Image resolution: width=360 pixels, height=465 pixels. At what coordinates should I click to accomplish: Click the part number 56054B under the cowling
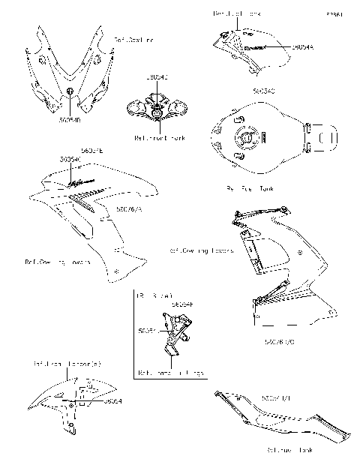[x=68, y=117]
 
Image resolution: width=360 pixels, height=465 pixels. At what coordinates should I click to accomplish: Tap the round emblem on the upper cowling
[x=69, y=92]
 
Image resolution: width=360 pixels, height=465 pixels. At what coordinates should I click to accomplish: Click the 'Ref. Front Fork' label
[x=157, y=138]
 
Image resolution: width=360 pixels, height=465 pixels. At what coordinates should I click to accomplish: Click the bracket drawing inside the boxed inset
[x=175, y=337]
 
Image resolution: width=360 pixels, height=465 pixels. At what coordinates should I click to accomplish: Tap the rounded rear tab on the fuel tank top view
[x=328, y=139]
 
